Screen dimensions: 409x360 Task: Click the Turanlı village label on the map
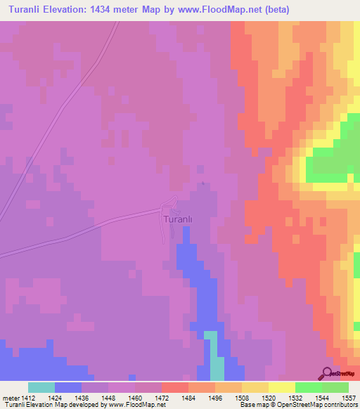[177, 219]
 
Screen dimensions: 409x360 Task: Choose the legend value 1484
[188, 398]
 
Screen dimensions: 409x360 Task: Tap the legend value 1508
[242, 398]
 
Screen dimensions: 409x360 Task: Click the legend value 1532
[295, 398]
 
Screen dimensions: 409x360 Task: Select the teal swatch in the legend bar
[41, 387]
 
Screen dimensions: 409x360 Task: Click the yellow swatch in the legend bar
[281, 387]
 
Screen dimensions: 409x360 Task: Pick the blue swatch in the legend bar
[68, 387]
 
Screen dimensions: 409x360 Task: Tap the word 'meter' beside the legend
[10, 398]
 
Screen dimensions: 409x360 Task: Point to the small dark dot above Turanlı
[203, 184]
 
